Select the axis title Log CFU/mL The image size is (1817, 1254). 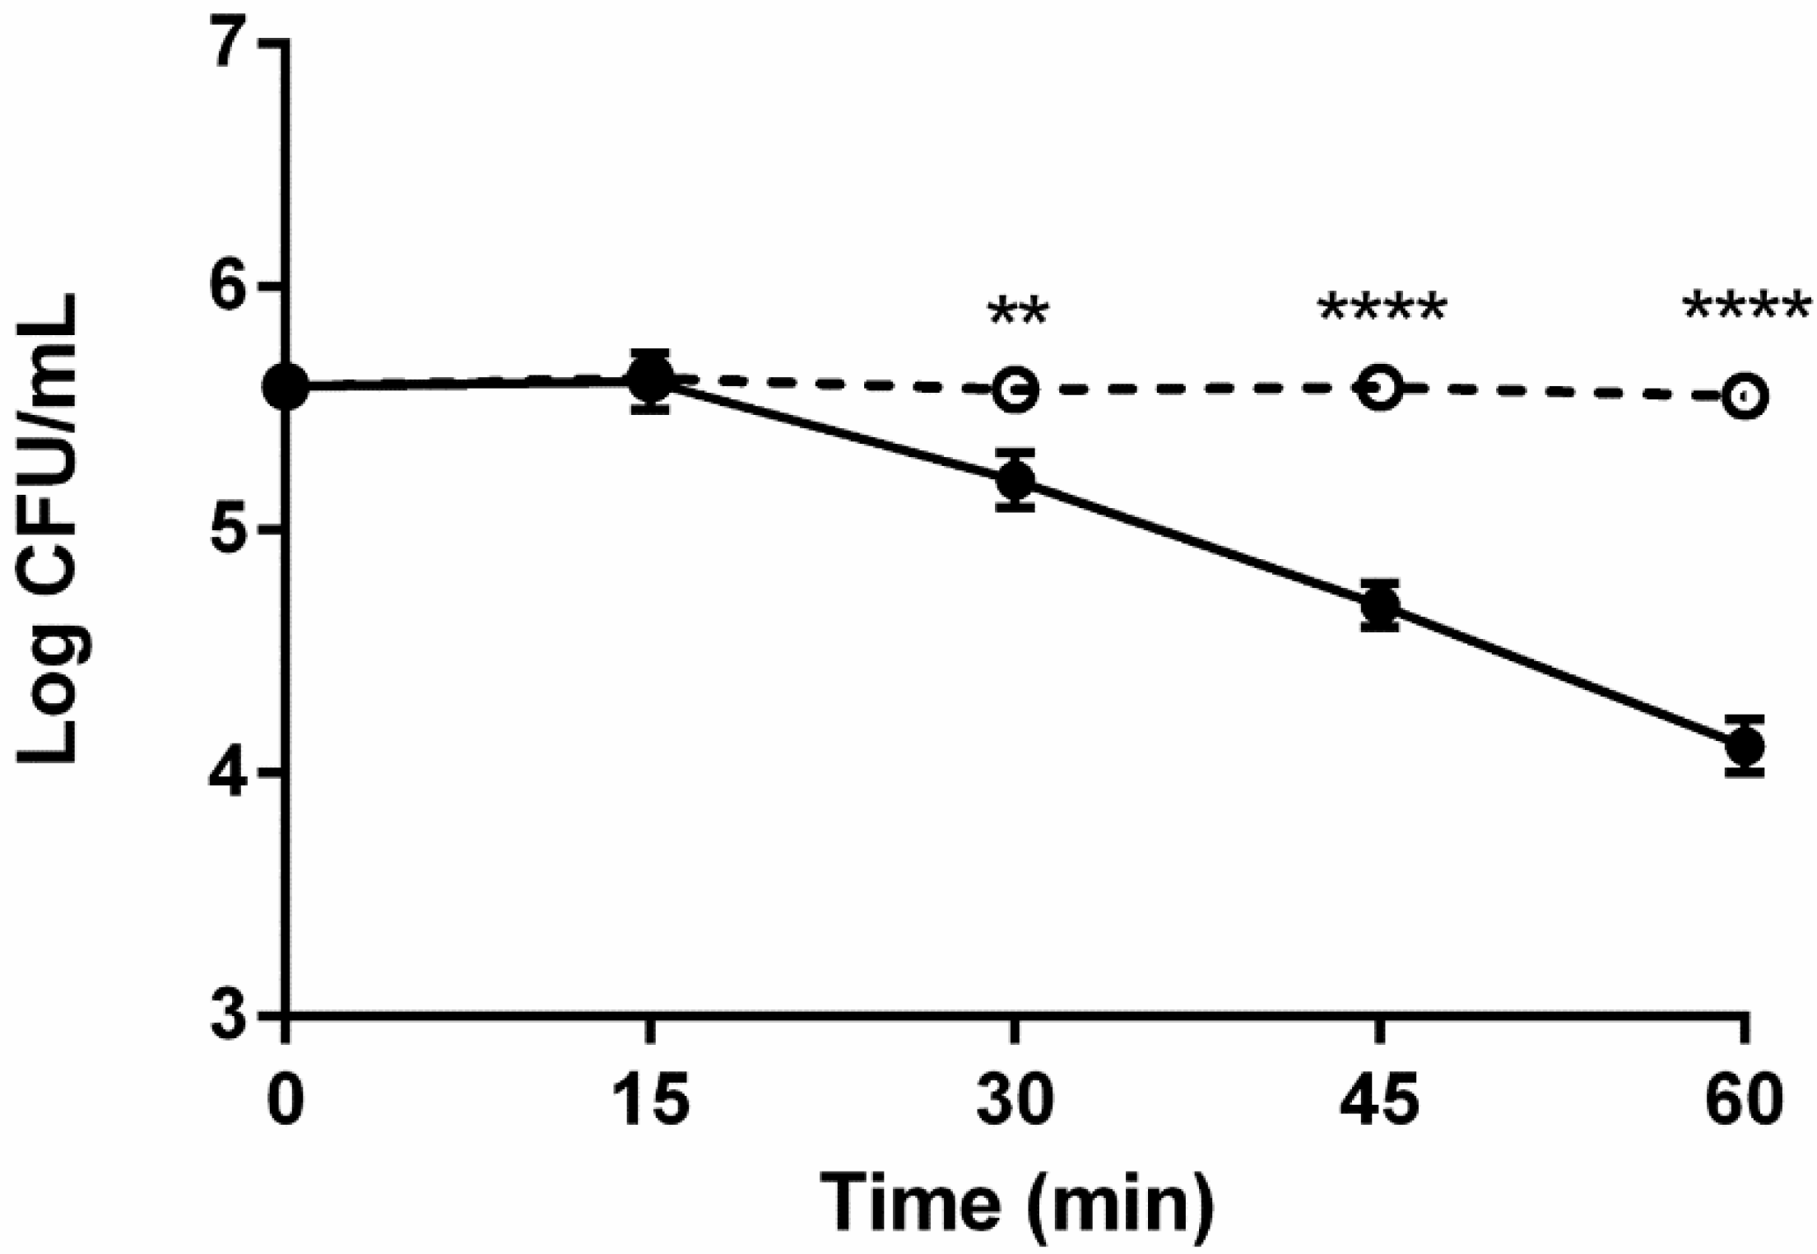(51, 529)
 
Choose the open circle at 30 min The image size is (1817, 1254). (1015, 389)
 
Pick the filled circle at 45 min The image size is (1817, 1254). (1380, 606)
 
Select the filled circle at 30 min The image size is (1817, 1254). (1015, 480)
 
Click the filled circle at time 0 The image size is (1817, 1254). (286, 385)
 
